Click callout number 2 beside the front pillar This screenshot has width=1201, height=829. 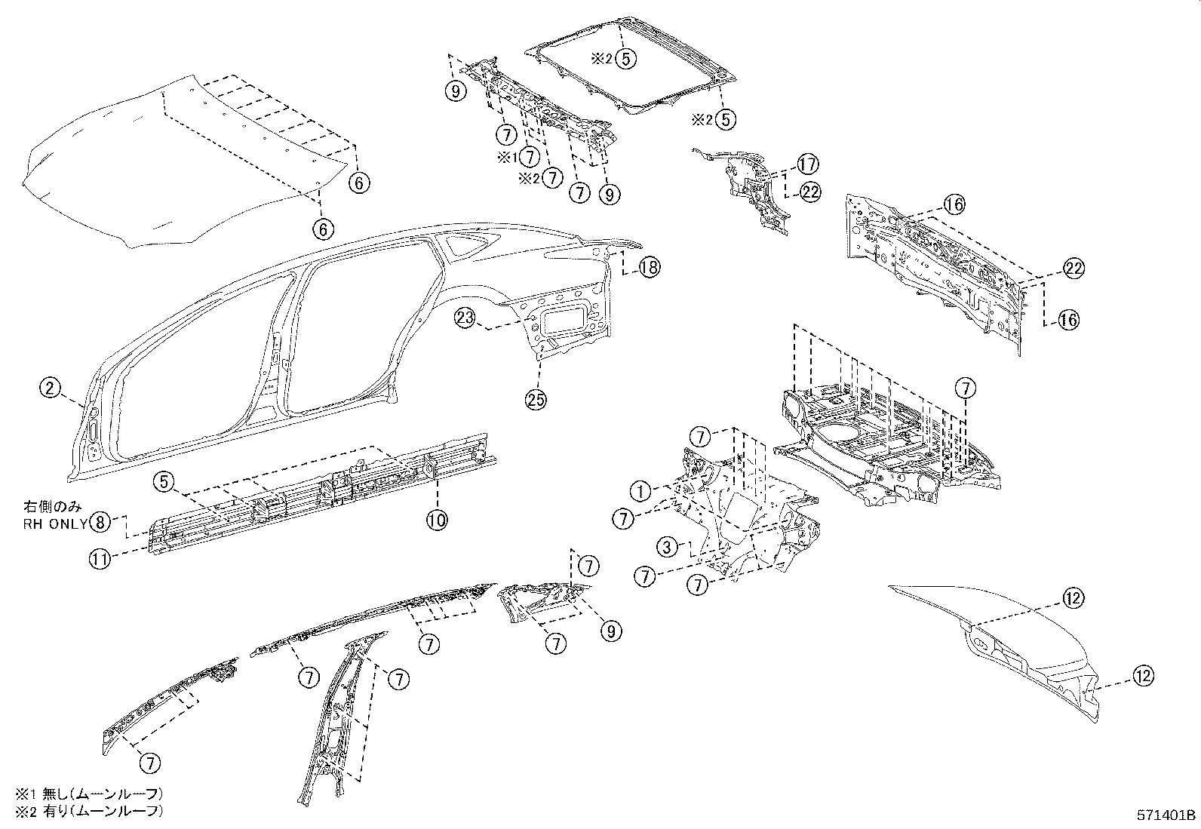[x=49, y=388]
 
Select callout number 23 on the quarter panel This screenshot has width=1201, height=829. [x=465, y=318]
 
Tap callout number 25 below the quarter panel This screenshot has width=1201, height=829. [x=536, y=400]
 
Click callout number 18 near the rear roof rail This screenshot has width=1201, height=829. [x=649, y=266]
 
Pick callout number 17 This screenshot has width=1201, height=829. [x=807, y=164]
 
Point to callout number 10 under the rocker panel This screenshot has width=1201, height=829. [x=438, y=519]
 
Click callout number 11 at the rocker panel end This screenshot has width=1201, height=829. [x=100, y=559]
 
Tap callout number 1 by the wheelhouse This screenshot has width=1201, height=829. [x=640, y=492]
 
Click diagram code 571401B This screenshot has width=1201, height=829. [x=1166, y=815]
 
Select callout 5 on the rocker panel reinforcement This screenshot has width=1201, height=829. [x=165, y=482]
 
